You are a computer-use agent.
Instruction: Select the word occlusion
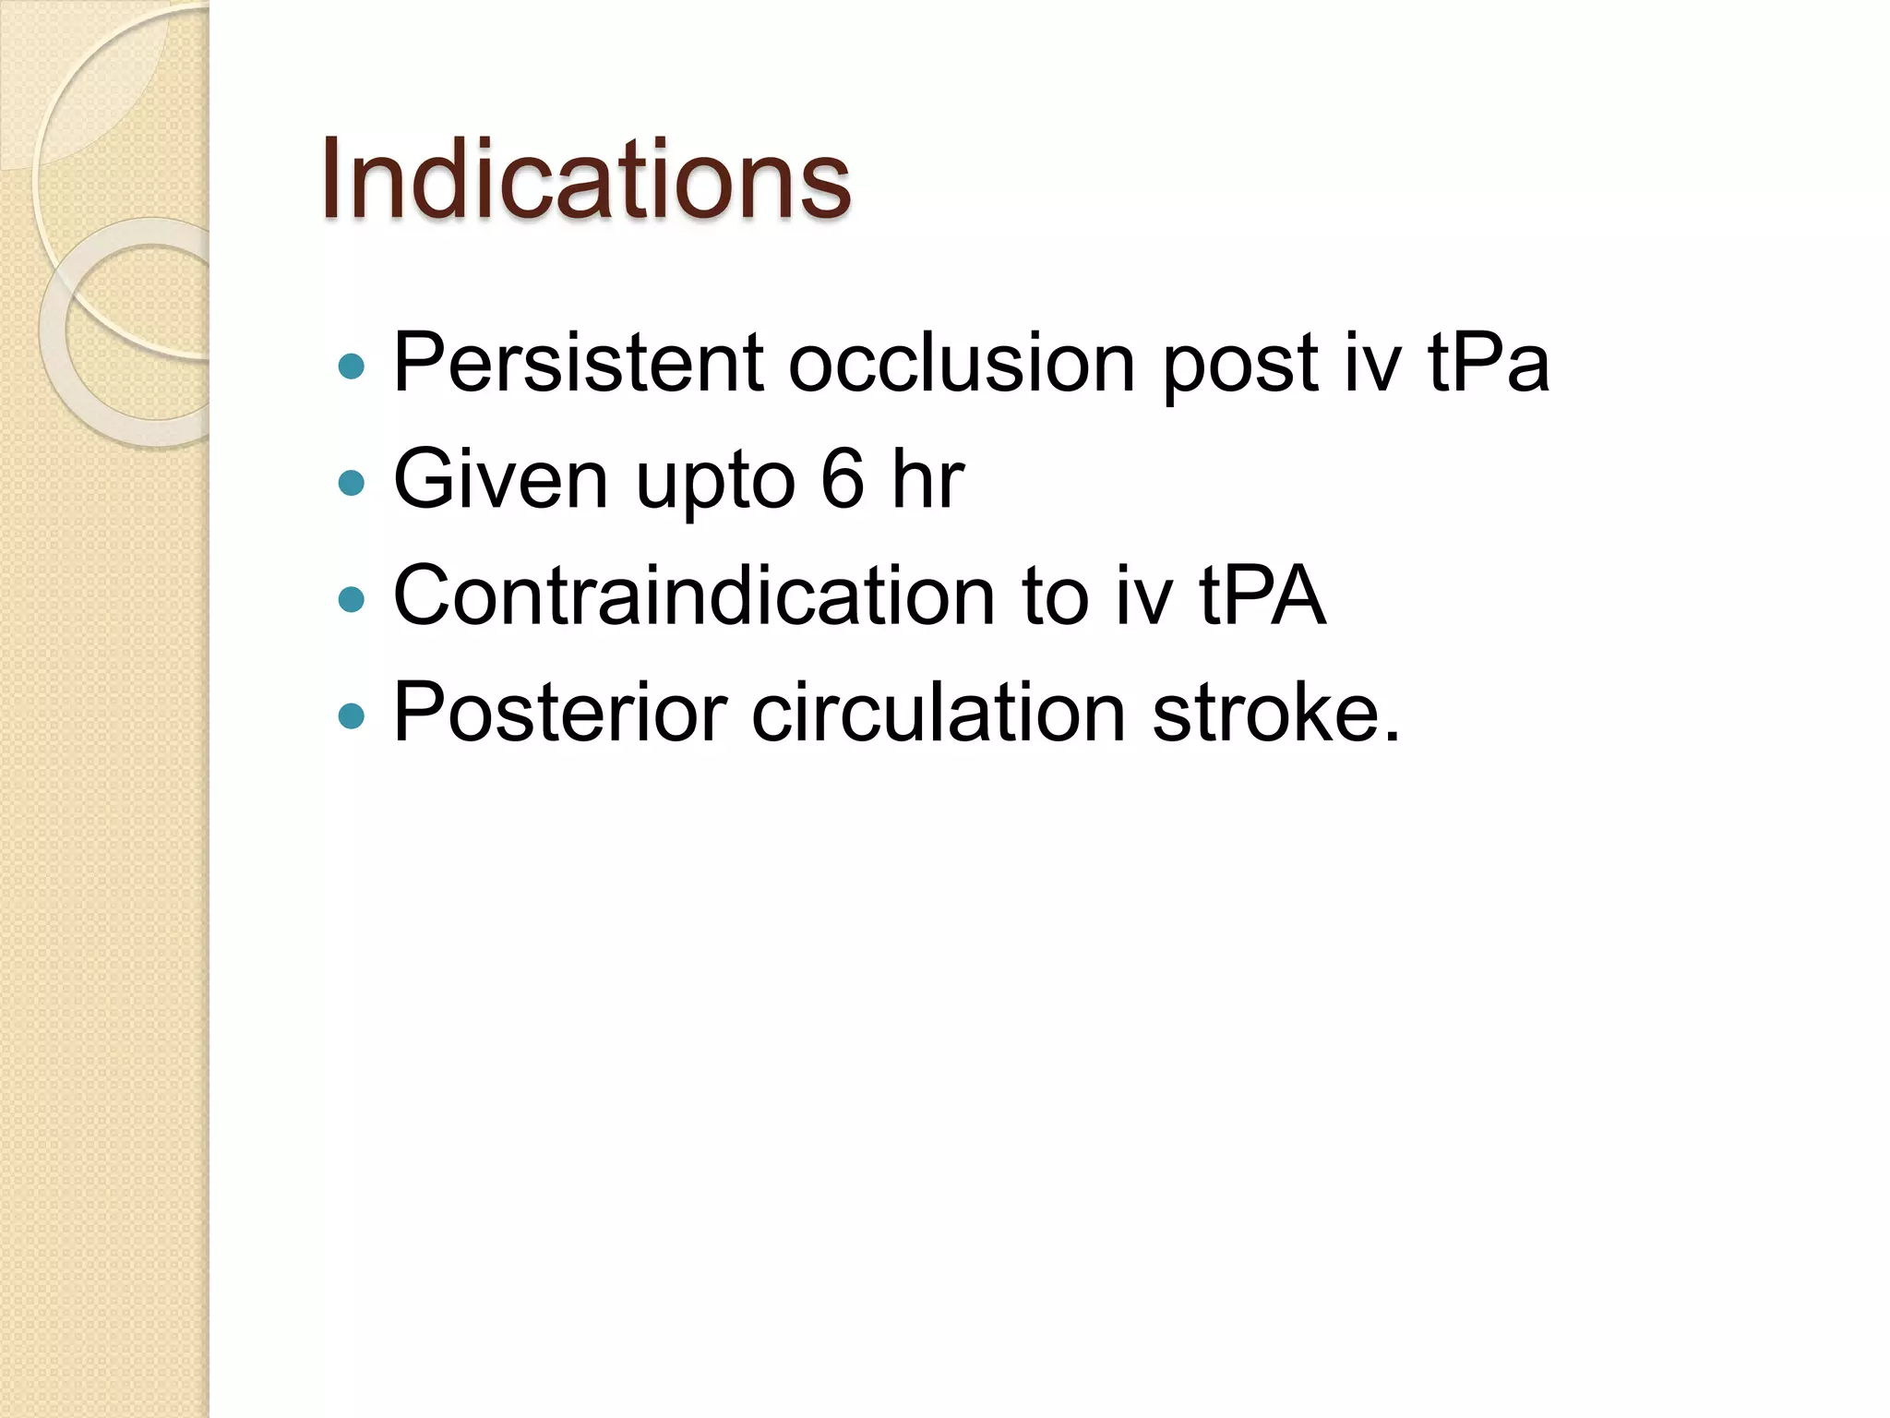tap(961, 363)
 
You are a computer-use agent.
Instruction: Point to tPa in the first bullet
tap(1488, 363)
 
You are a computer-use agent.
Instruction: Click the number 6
tap(843, 479)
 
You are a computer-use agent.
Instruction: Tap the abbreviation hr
tap(927, 479)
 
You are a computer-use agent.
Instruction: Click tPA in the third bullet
tap(1262, 596)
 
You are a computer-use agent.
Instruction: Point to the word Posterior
tap(559, 713)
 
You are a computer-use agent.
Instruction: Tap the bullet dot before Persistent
tap(352, 367)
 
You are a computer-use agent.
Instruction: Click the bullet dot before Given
tap(352, 483)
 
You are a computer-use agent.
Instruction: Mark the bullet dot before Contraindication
tap(352, 600)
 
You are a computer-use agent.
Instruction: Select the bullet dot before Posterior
tap(352, 715)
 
